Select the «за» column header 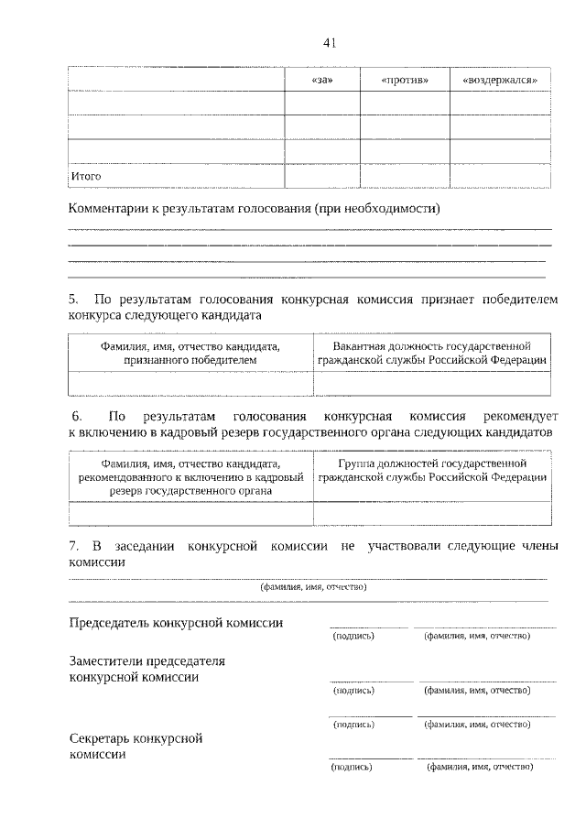pos(321,81)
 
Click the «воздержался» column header pos(500,81)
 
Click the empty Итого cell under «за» pos(321,175)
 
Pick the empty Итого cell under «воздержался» pos(500,175)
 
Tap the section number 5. pos(74,300)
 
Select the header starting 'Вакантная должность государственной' pos(432,353)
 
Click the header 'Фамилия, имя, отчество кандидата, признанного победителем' pos(190,353)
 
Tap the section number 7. pos(74,547)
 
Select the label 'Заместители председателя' pos(146,660)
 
